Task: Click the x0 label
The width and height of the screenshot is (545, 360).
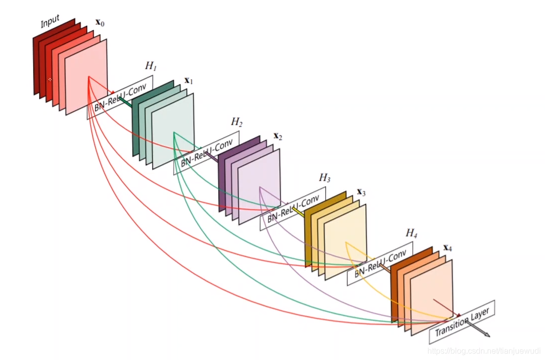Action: point(100,23)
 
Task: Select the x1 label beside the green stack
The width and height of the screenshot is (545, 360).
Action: point(189,81)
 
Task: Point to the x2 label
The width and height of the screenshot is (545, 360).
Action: point(278,136)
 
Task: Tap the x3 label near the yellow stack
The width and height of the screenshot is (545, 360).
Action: point(361,192)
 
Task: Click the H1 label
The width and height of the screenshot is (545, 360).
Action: point(151,66)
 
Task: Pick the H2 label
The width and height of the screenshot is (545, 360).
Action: point(237,122)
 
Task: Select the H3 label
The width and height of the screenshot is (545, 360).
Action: point(324,178)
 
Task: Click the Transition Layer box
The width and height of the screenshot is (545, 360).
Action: point(462,322)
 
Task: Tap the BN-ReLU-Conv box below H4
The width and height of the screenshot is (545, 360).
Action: point(379,264)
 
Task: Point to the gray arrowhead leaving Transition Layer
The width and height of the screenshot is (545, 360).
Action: point(486,335)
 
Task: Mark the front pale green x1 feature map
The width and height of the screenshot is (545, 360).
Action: point(173,132)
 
